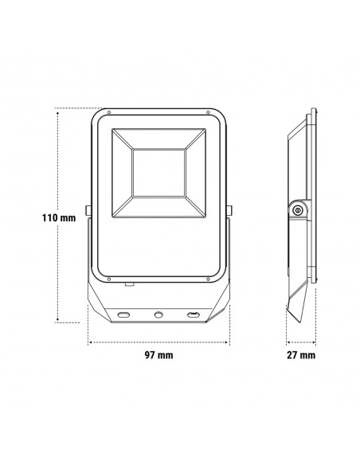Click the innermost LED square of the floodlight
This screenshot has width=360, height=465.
(x=158, y=171)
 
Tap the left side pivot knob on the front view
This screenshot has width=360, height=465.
(x=88, y=211)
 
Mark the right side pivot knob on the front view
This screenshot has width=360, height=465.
(x=230, y=211)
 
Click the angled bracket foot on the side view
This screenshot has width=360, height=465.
(x=297, y=307)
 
